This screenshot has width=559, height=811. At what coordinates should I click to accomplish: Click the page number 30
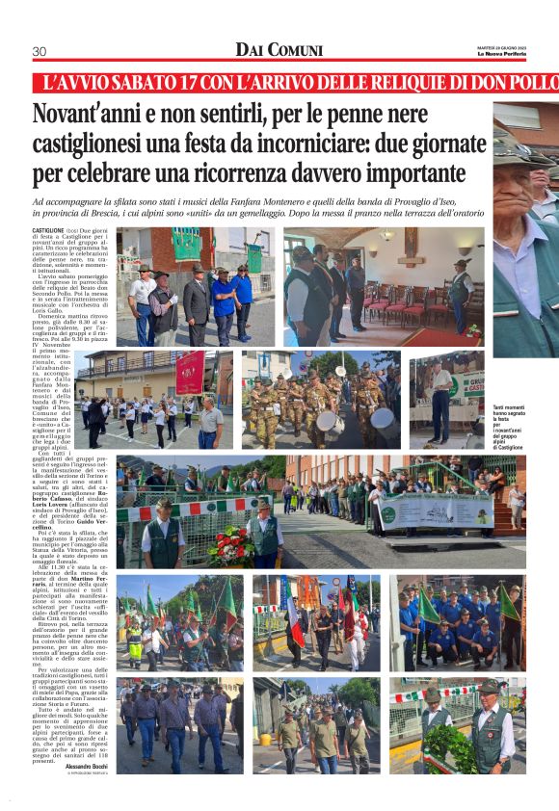click(40, 51)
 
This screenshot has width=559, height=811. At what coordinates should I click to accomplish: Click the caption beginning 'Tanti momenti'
click(507, 425)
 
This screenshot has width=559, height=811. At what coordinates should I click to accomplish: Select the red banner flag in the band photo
click(189, 372)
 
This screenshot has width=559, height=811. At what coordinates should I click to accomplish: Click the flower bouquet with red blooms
click(231, 545)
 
